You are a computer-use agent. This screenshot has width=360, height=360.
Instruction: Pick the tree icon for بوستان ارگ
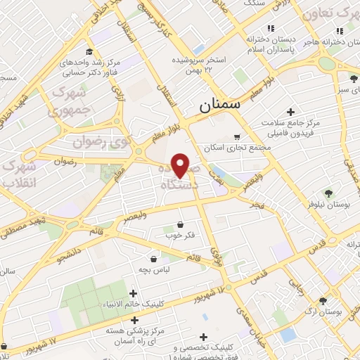pos(323,300)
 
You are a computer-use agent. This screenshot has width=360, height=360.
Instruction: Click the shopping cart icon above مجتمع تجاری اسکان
pos(236,137)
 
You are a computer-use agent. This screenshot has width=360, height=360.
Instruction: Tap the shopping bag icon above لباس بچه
pos(153,259)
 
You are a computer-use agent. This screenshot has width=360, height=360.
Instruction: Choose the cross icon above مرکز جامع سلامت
pos(290,112)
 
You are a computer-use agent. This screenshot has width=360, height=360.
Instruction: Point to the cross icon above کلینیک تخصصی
pos(205,338)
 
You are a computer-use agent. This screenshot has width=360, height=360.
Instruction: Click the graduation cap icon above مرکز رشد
pos(89,51)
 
